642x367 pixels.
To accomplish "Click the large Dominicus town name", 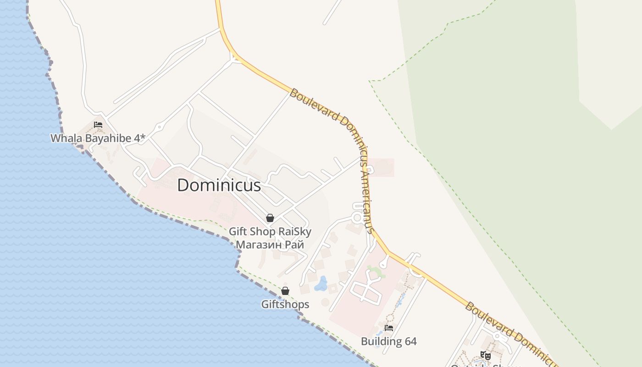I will point(219,185).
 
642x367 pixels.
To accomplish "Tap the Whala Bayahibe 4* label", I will point(98,138).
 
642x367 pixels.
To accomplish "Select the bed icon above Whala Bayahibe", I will point(98,125).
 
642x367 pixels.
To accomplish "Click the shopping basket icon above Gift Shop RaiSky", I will point(270,218).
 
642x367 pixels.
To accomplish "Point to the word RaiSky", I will point(295,232).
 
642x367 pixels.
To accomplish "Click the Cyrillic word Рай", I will point(294,245).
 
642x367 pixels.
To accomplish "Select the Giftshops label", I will point(285,304).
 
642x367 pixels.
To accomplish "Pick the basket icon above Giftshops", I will point(285,291).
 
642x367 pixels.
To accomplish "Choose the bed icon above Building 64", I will point(389,328).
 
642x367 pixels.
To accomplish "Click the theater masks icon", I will point(485,355).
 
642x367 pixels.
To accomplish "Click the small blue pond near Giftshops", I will point(321,284).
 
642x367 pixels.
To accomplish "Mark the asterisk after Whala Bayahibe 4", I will point(143,137).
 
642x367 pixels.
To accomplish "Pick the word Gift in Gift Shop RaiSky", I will point(238,232).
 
